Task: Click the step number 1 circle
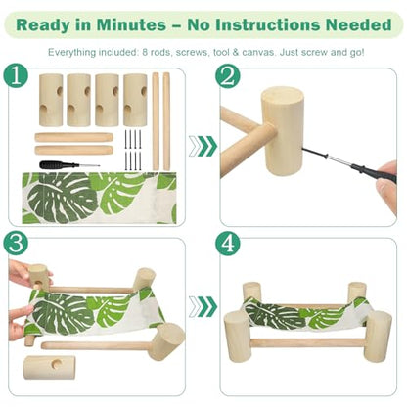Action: (16, 76)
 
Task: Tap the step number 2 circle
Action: (228, 76)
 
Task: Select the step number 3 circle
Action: (16, 244)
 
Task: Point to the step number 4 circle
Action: (228, 244)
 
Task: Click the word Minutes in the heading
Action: (131, 25)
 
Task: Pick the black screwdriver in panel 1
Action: (69, 165)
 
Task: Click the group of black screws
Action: (133, 150)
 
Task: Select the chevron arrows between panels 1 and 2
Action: (203, 146)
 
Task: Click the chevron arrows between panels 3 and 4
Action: (203, 306)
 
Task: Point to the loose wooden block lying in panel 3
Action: (49, 367)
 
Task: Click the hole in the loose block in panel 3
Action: (59, 364)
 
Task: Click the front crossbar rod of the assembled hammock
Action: (307, 342)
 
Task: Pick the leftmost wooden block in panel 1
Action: (51, 100)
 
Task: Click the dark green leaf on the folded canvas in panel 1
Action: (62, 198)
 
